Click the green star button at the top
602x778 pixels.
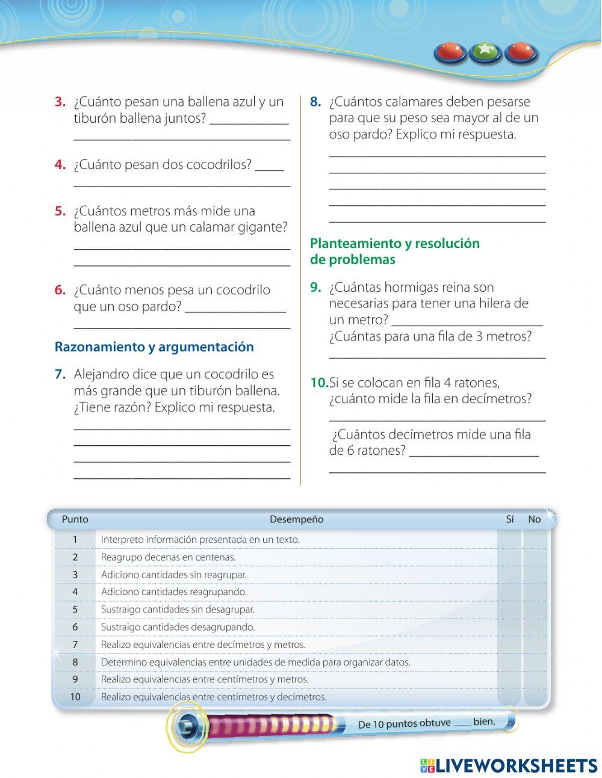point(485,52)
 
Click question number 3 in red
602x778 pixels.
point(60,102)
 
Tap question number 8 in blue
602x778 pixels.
point(315,102)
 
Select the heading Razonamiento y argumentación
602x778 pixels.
point(154,347)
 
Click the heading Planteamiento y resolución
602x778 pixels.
point(394,244)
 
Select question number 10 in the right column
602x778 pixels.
point(318,383)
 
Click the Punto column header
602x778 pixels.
point(75,519)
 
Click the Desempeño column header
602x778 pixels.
point(296,519)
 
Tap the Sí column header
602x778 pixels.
point(510,519)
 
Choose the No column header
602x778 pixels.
point(534,519)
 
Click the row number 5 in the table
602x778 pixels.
point(75,610)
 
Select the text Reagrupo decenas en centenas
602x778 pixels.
point(168,557)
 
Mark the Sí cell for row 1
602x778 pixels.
point(509,540)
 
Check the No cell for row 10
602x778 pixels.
point(535,697)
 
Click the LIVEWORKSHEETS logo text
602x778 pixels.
point(516,765)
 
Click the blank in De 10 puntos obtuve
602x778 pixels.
point(462,724)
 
